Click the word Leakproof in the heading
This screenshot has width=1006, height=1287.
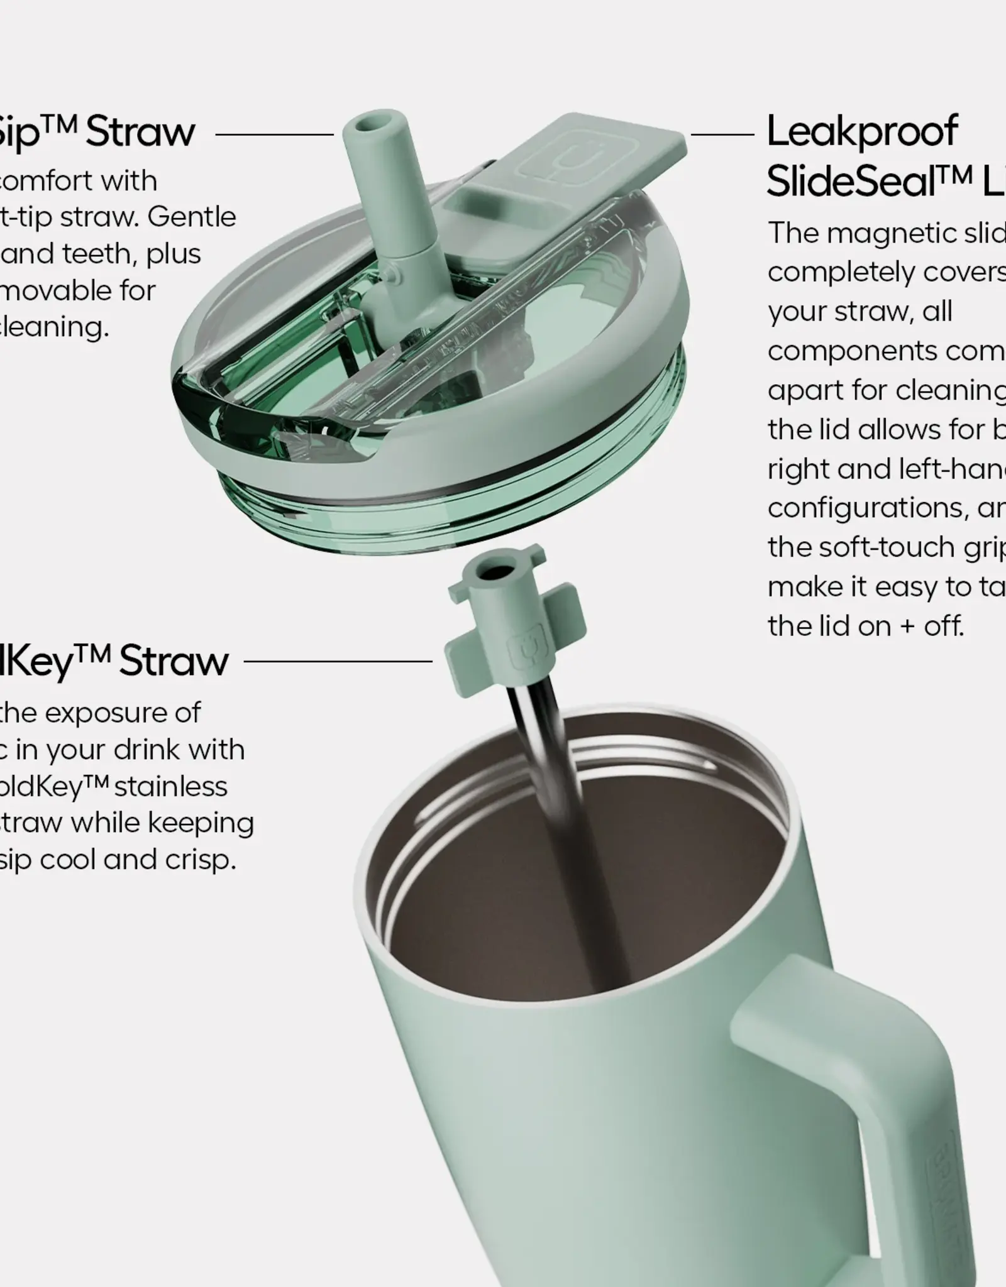862,133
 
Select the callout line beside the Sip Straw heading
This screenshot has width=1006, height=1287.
275,134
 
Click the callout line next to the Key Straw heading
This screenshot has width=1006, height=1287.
338,661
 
